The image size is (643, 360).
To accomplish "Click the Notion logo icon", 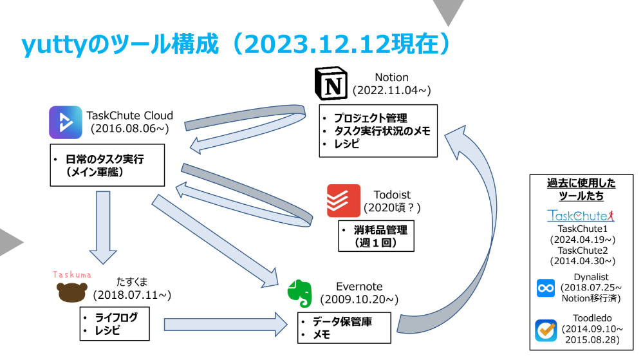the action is point(331,83).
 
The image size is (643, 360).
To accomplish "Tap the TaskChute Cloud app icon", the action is point(66,122).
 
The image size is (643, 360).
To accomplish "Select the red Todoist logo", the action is point(344,201).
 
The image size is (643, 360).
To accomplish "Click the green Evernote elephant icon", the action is point(300,294).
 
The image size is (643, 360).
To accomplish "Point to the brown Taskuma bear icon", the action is point(71,292).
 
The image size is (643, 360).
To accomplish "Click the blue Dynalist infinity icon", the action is point(546,288).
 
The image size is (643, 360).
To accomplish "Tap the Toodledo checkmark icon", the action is point(546,330).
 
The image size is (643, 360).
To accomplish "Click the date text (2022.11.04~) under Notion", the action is point(391,90).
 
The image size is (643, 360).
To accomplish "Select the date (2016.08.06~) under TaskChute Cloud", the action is point(129,129).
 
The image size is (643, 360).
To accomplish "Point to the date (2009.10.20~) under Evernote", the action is point(359,299).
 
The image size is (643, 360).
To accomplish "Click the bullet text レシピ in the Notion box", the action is point(347,144).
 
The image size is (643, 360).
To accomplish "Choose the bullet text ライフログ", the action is point(116,317).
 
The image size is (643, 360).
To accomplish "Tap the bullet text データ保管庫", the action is point(342,321).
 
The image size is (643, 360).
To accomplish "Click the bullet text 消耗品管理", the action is point(381,230).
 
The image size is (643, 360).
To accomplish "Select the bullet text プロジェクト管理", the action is point(371,118).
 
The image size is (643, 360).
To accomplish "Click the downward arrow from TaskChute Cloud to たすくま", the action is point(103,227).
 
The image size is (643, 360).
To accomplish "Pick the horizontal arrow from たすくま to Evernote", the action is point(225,325).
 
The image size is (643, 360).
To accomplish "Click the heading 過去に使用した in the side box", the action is point(581,183).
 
